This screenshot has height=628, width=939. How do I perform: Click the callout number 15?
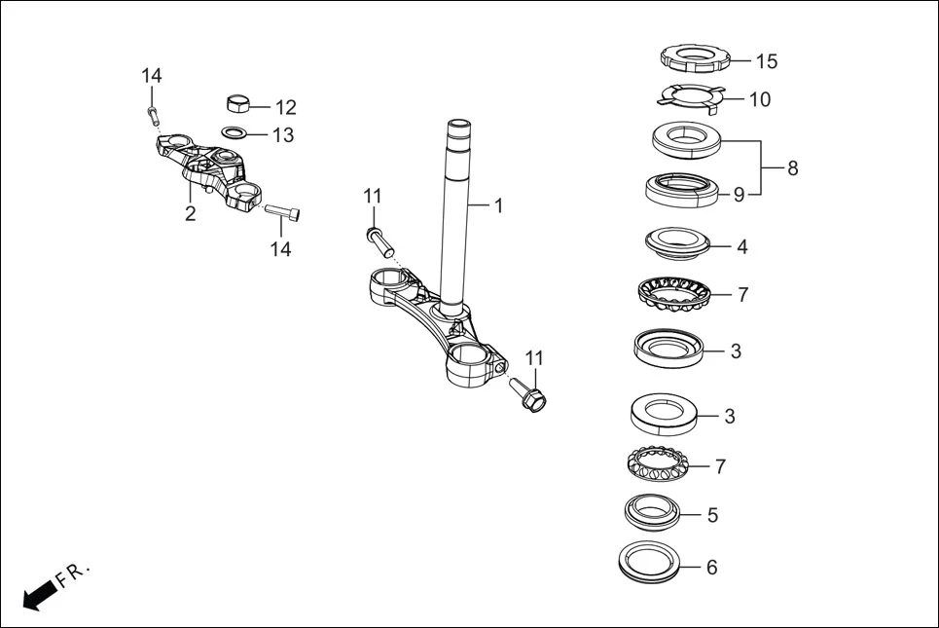click(x=767, y=61)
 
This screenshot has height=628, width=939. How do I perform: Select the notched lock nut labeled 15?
click(x=695, y=57)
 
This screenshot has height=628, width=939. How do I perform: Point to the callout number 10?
click(x=759, y=99)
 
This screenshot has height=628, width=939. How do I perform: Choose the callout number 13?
click(x=282, y=135)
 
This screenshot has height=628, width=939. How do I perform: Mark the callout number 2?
click(x=191, y=214)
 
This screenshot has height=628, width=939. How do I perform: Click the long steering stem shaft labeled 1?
click(x=455, y=214)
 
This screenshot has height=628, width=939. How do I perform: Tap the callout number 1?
click(x=498, y=206)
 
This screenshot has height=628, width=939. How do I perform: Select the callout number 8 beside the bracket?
click(x=793, y=168)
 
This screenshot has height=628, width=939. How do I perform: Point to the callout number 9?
click(x=739, y=195)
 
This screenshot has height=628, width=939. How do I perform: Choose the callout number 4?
click(x=741, y=247)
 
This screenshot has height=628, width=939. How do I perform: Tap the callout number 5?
click(x=712, y=515)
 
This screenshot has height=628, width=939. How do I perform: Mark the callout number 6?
click(x=711, y=567)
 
